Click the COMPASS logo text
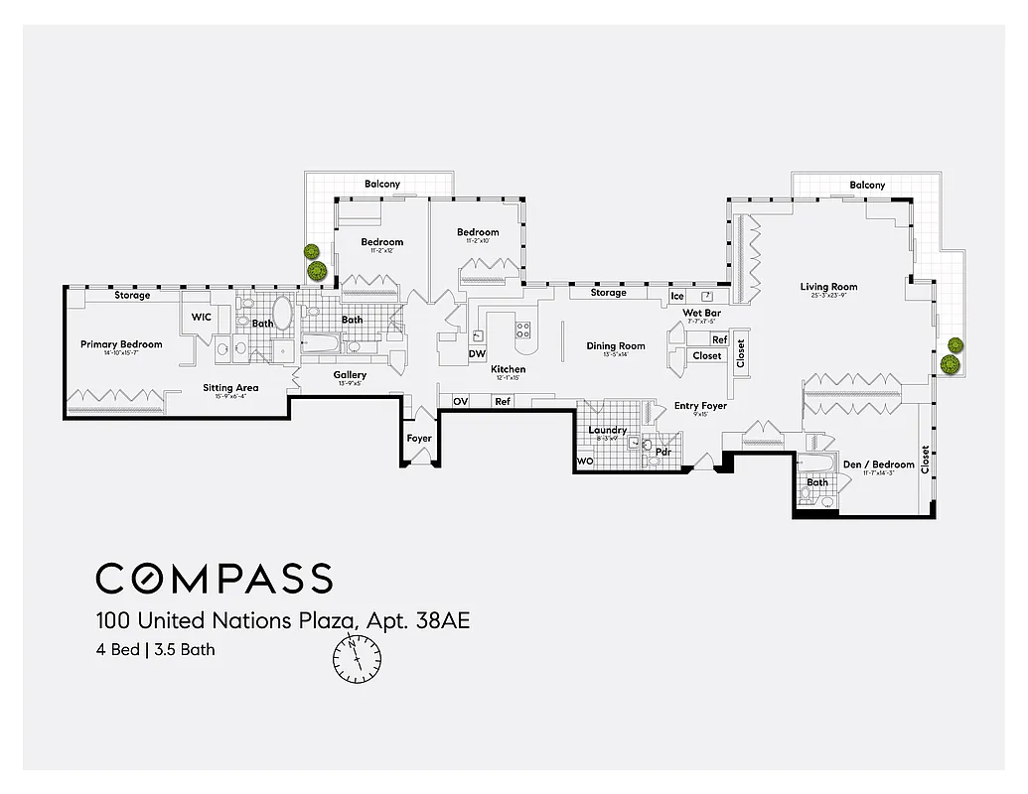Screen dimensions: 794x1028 214,578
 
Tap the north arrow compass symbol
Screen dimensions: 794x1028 357,658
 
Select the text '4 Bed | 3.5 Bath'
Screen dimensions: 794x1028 155,651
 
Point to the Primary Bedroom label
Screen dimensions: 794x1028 121,345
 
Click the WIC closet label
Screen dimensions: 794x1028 202,318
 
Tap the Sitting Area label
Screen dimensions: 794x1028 230,388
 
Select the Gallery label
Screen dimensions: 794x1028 350,375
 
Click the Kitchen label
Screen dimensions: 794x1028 508,370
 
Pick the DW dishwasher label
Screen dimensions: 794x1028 477,353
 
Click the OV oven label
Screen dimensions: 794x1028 461,402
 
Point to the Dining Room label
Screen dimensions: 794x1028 616,346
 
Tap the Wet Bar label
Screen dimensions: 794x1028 700,314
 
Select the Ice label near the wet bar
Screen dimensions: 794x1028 677,296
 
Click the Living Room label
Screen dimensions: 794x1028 828,288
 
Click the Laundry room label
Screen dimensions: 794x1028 607,430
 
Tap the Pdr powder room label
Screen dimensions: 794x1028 662,452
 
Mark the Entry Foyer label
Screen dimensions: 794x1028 700,406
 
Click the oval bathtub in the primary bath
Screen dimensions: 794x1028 282,315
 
